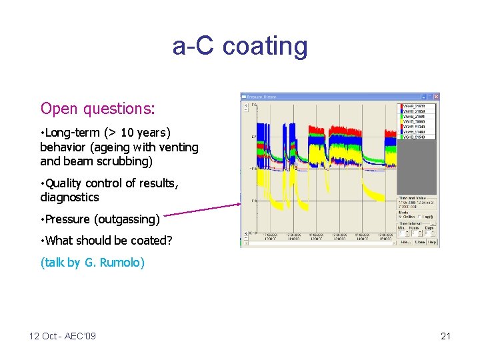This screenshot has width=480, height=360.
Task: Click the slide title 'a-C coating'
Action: [x=240, y=46]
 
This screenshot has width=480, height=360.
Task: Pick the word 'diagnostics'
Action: [x=69, y=197]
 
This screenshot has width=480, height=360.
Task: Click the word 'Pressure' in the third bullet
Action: [x=68, y=219]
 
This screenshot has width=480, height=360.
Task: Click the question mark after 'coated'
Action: [x=169, y=241]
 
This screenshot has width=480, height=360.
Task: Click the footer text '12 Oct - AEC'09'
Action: [x=63, y=336]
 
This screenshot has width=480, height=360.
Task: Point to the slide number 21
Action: [x=445, y=336]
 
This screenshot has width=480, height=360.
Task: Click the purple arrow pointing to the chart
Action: [x=200, y=210]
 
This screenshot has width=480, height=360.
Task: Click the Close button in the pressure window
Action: [x=420, y=243]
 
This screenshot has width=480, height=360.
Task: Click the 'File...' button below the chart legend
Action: [x=405, y=243]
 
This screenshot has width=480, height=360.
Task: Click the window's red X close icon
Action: [x=435, y=97]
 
